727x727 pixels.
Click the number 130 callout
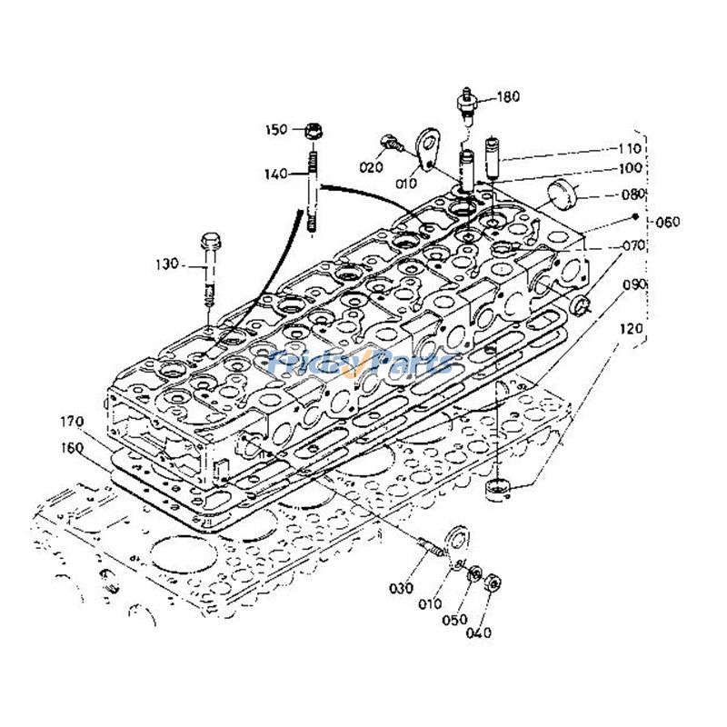[169, 265]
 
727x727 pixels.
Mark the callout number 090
[633, 284]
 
